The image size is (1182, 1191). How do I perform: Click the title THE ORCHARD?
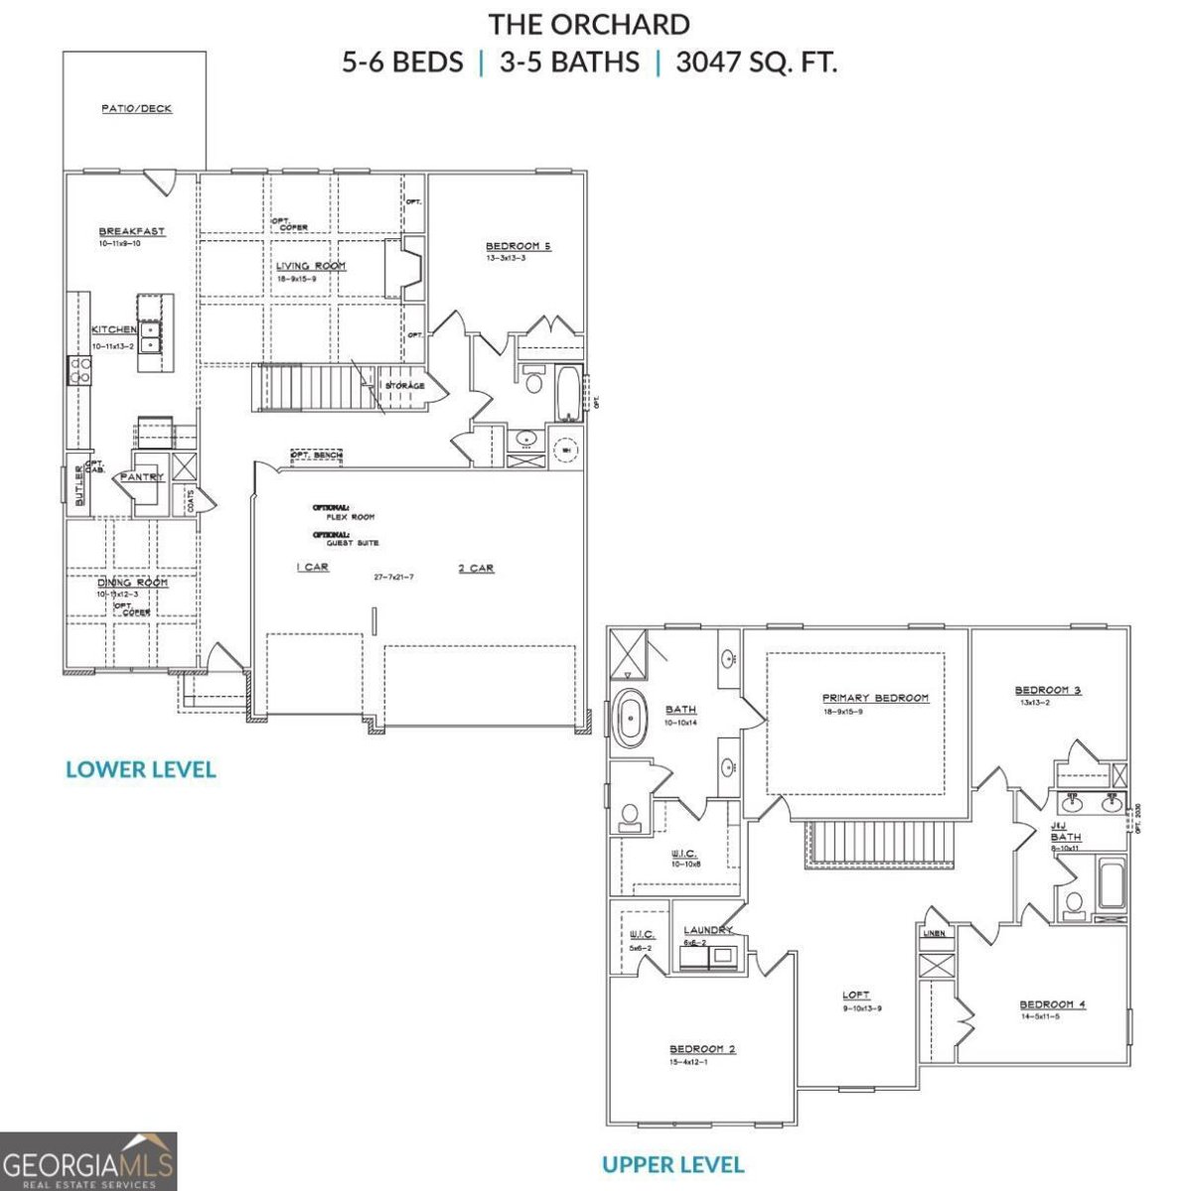click(x=589, y=24)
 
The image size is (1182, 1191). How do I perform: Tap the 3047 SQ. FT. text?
click(x=756, y=63)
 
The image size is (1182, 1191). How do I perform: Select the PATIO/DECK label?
click(x=136, y=108)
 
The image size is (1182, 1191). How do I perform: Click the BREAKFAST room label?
click(x=132, y=231)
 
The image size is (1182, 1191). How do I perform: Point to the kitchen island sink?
click(x=151, y=337)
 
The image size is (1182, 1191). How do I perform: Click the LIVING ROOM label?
click(x=311, y=266)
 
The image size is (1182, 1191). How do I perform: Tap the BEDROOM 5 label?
click(x=517, y=246)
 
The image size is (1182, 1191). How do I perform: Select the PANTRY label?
click(x=141, y=477)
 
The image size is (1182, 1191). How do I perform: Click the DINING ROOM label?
click(x=132, y=583)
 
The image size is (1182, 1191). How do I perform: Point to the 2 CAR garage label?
click(x=476, y=569)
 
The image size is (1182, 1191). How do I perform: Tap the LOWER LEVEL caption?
click(x=140, y=769)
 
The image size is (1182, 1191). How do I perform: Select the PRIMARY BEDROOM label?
click(x=875, y=698)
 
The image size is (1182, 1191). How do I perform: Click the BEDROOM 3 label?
click(x=1047, y=690)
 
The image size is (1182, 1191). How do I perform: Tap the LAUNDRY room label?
click(x=707, y=930)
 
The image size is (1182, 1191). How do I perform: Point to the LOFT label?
click(x=855, y=994)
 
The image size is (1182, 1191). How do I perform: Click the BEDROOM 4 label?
click(x=1052, y=1004)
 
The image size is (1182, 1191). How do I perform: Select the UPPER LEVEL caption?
click(x=672, y=1164)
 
